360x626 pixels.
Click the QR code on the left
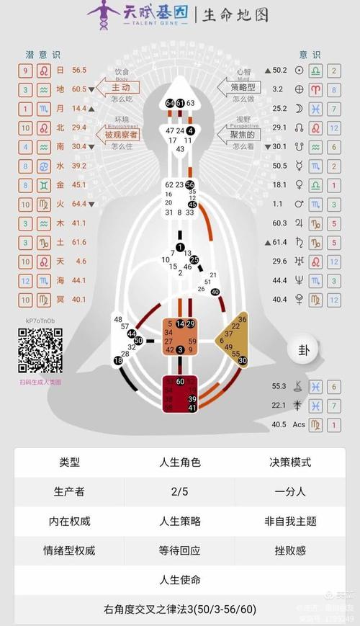40,351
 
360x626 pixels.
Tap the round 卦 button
302,350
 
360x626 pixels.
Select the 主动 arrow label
120,88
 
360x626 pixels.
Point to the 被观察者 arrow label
120,135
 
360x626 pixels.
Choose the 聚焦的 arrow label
241,135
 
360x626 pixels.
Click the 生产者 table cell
69,491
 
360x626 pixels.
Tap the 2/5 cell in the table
179,491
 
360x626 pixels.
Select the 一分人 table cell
290,491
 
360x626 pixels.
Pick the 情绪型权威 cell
69,550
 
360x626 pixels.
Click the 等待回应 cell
179,550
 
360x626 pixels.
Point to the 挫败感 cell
290,550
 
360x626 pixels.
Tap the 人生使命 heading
179,580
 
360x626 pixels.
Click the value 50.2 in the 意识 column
279,70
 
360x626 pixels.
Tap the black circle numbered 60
180,381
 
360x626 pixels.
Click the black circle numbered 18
118,359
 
